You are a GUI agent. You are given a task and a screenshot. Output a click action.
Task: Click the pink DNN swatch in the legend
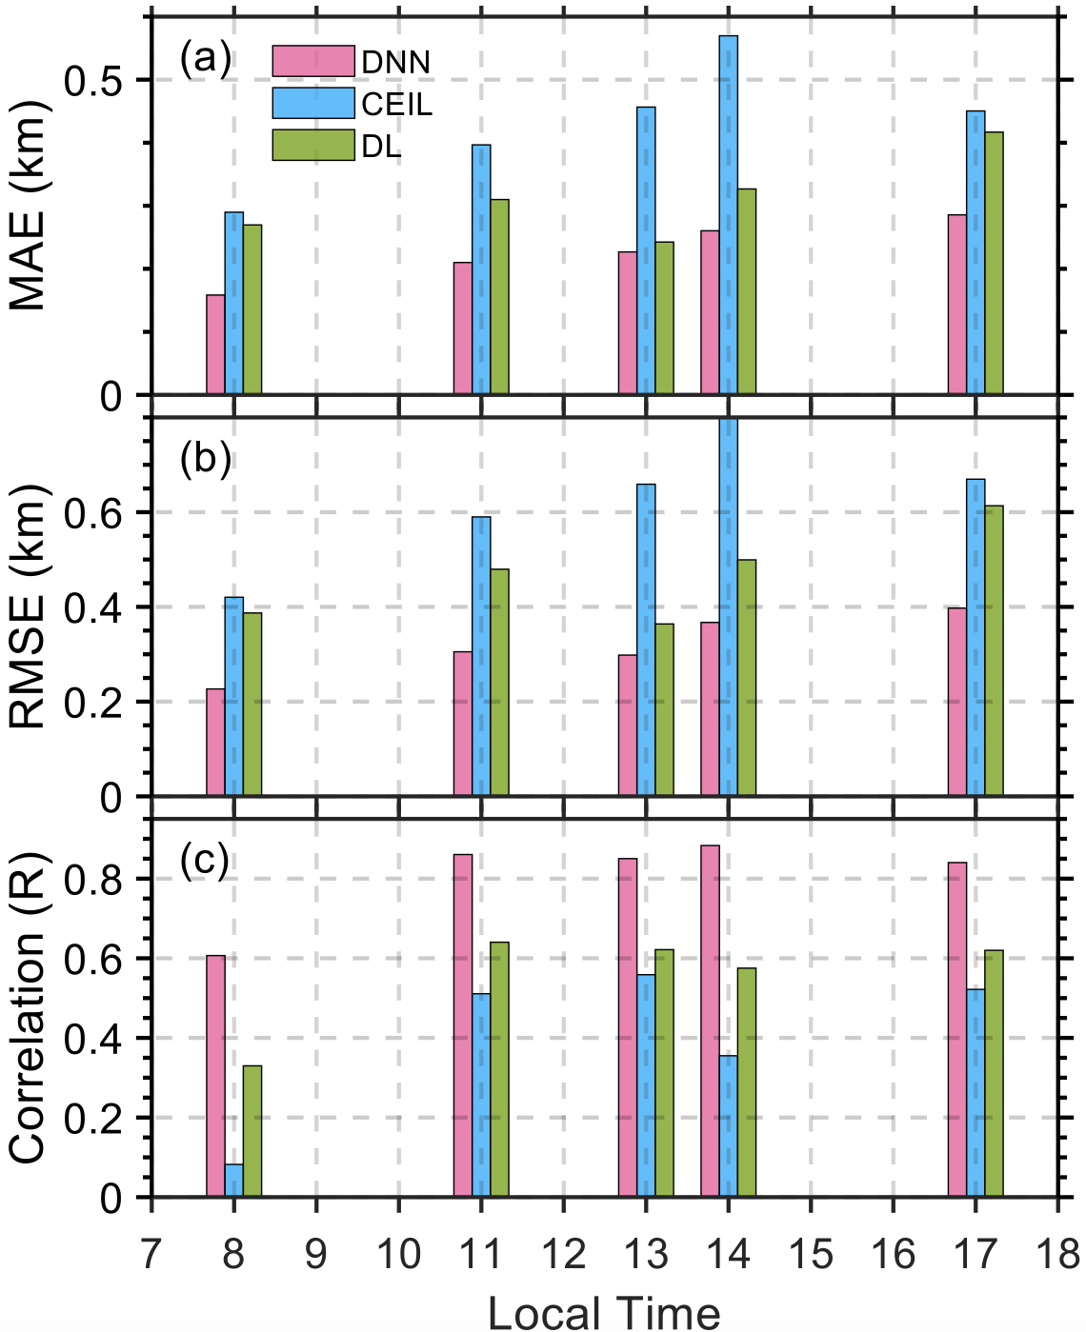[x=312, y=61]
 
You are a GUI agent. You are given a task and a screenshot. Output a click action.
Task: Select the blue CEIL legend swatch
[x=312, y=103]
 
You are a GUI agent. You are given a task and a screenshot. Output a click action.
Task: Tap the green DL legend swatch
[x=312, y=145]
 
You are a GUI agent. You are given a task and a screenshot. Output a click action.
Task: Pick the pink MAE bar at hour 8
[x=216, y=345]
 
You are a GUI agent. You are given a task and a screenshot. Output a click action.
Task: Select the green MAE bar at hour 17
[x=994, y=263]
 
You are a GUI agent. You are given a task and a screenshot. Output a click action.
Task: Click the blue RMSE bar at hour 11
[x=481, y=656]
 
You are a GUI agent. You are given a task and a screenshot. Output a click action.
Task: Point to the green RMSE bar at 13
[x=664, y=709]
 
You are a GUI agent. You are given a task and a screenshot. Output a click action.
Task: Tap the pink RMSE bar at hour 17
[x=957, y=702]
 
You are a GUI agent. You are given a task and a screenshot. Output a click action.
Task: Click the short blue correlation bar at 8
[x=234, y=1181]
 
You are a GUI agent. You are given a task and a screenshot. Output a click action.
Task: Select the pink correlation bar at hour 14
[x=710, y=1021]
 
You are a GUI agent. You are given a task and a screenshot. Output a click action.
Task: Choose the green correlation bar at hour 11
[x=499, y=1069]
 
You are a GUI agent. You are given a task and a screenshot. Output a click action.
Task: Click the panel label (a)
[x=205, y=60]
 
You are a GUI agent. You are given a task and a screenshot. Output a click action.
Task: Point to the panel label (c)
[x=205, y=861]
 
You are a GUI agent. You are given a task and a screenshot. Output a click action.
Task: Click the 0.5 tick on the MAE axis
[x=94, y=81]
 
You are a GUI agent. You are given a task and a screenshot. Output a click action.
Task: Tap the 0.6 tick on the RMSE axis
[x=94, y=513]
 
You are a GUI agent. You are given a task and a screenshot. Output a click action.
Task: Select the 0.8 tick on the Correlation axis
[x=94, y=879]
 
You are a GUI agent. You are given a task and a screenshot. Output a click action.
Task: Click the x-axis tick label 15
[x=811, y=1255]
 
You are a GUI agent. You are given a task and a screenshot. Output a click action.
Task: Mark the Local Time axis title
[x=604, y=1312]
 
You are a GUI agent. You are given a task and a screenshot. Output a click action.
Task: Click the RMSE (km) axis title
[x=29, y=606]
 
